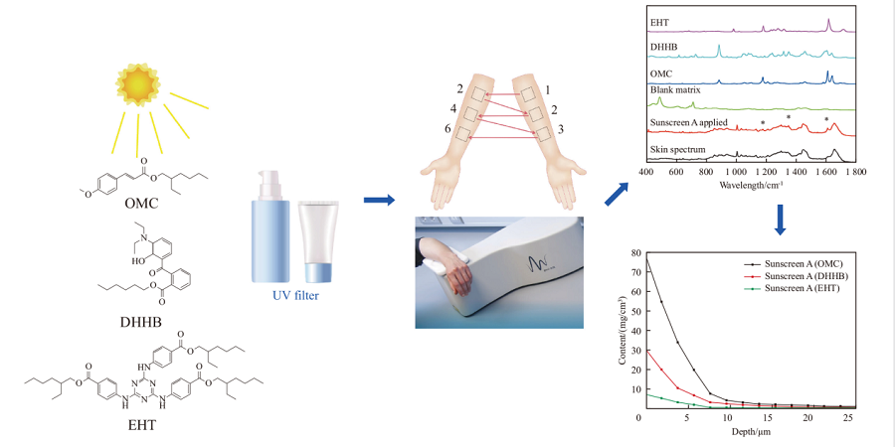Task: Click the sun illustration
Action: click(x=136, y=84)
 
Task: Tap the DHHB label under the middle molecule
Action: click(x=140, y=323)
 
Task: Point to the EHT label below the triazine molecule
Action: click(x=142, y=425)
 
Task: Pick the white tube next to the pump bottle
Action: click(x=318, y=241)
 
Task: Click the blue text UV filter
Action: click(x=295, y=295)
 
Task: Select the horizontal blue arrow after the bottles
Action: click(x=380, y=200)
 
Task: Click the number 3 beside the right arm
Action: click(x=561, y=129)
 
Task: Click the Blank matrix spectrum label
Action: click(x=675, y=89)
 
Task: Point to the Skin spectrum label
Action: click(x=678, y=150)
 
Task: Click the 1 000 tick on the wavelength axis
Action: click(x=737, y=171)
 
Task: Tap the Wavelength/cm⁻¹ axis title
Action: click(x=751, y=185)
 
